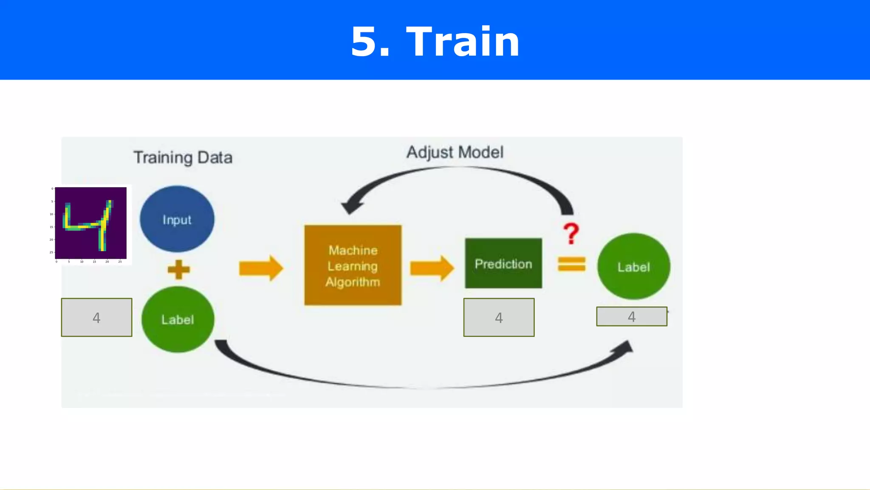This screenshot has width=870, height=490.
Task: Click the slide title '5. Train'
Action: coord(435,41)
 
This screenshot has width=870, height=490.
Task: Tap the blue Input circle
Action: coord(177,219)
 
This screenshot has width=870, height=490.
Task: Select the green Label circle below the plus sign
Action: coord(178,319)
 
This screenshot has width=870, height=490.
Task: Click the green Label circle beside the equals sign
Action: coord(633,267)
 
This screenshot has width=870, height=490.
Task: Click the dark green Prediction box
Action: coord(503,264)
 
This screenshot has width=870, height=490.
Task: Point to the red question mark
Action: coord(571,234)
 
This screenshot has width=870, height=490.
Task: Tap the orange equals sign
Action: coord(571,264)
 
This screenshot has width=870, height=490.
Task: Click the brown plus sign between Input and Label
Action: coord(178,270)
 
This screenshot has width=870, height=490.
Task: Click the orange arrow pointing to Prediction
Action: coord(432,268)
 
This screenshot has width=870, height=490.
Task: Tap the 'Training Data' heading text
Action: coord(183,158)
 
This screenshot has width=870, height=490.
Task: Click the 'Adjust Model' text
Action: coord(455,152)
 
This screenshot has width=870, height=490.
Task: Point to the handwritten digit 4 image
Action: coord(90,223)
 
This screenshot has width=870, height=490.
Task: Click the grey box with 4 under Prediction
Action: coord(499,317)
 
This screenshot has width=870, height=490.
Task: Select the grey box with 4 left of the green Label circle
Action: coord(96,317)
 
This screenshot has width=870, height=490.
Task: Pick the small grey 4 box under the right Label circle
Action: coord(631,316)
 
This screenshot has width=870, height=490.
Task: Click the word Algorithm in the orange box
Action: coord(353,282)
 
